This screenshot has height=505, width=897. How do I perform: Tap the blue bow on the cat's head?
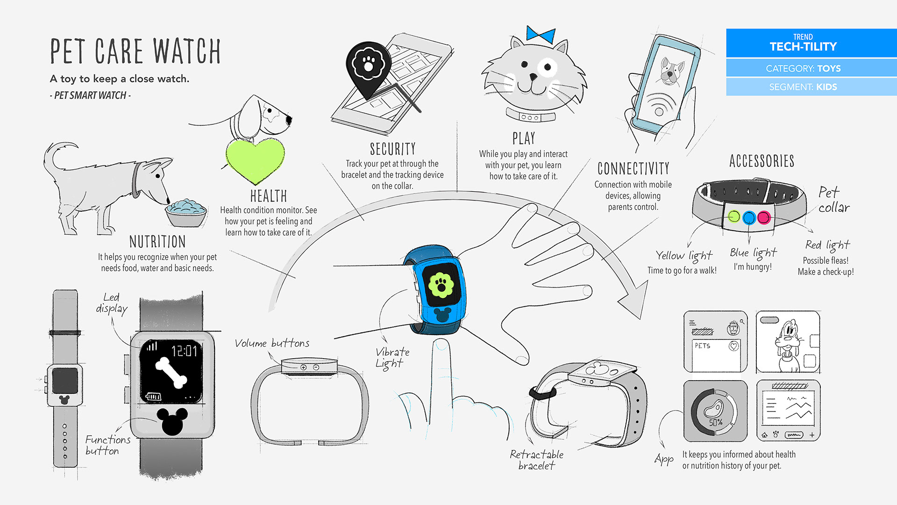(541, 35)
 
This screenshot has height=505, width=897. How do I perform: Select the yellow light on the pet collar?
(734, 216)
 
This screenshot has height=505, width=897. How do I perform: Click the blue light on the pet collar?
(749, 217)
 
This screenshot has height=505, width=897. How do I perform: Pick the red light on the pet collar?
(764, 217)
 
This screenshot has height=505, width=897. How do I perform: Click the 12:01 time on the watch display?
(184, 351)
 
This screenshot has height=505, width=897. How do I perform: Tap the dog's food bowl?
(186, 213)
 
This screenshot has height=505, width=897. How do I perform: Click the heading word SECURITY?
(392, 149)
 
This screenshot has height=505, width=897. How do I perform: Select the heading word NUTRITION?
(157, 242)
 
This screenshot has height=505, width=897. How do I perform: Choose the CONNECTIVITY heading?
(633, 168)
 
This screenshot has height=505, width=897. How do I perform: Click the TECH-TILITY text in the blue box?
(803, 47)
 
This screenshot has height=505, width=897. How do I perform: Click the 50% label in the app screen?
(715, 422)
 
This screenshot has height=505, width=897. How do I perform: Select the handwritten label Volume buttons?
(272, 343)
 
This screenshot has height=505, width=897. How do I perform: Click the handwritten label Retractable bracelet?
(536, 460)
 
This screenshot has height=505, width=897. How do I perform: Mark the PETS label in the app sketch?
(702, 346)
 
